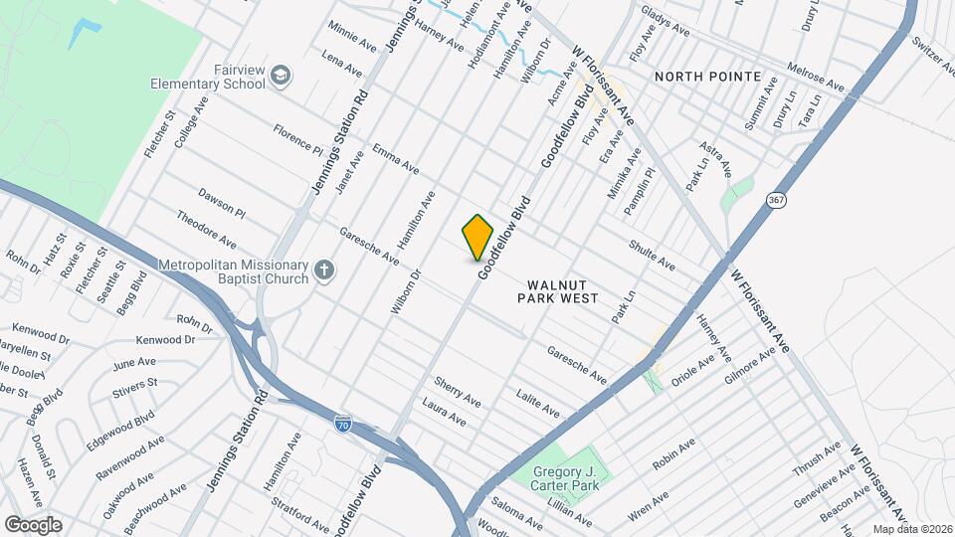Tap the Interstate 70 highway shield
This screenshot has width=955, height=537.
(x=343, y=423)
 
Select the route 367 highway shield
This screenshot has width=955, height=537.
(x=776, y=200)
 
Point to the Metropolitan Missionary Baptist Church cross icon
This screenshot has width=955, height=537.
(x=323, y=269)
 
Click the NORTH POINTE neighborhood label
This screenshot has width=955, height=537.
(x=707, y=77)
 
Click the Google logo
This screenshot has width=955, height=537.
(x=32, y=524)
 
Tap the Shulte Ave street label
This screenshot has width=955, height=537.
(x=652, y=256)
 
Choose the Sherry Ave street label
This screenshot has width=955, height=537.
(x=458, y=391)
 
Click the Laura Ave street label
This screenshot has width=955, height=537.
(x=444, y=412)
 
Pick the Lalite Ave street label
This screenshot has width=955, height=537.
(x=538, y=403)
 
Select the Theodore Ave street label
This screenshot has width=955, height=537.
(x=206, y=228)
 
